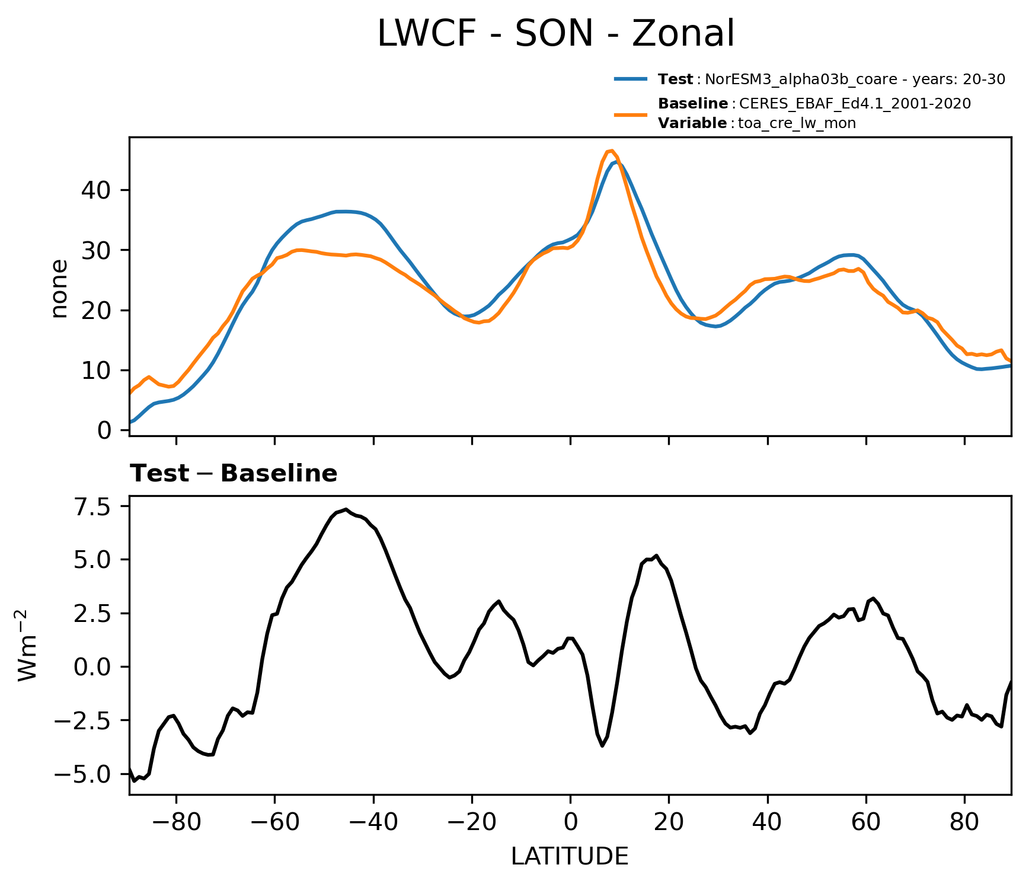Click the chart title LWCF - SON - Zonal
click(555, 34)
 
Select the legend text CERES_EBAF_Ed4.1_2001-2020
click(855, 104)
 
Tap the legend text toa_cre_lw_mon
click(797, 123)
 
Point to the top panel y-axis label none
click(60, 289)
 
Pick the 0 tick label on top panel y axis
click(104, 430)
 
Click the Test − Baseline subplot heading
click(234, 474)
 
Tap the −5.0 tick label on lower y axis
click(82, 774)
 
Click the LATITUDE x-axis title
click(570, 856)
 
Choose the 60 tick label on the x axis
click(866, 823)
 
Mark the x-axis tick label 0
click(570, 823)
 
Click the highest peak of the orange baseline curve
click(611, 151)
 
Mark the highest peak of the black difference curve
click(346, 509)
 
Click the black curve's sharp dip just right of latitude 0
click(602, 745)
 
